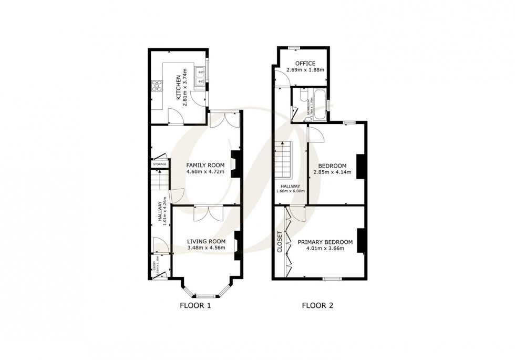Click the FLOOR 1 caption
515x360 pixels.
click(x=195, y=305)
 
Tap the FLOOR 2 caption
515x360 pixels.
click(x=317, y=305)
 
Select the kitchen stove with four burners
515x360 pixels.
click(x=157, y=85)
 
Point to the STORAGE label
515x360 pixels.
click(x=160, y=164)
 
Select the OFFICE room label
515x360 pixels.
click(x=305, y=64)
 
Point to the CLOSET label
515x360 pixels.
click(x=280, y=242)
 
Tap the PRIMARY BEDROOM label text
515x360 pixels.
click(x=325, y=242)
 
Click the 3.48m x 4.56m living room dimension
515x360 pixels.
click(x=206, y=248)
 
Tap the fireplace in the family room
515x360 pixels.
click(x=235, y=162)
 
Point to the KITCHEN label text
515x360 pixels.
click(x=179, y=89)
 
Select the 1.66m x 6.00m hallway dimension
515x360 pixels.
click(x=291, y=191)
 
